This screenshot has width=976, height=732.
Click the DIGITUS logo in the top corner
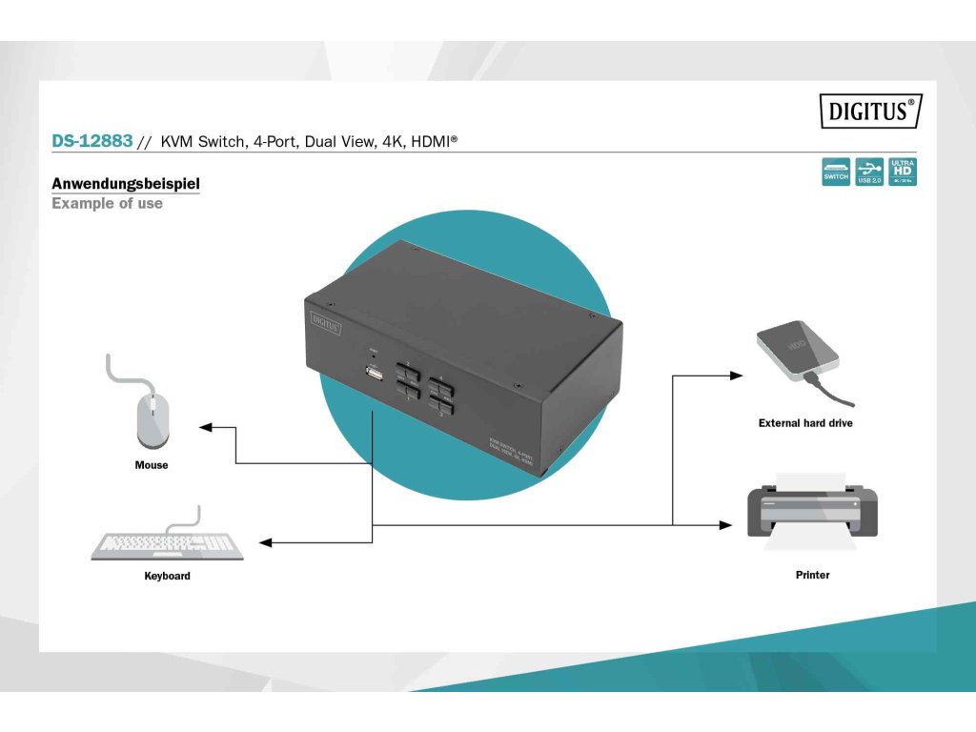tap(870, 112)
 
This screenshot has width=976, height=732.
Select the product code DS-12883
tap(91, 141)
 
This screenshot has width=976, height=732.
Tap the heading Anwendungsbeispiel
tap(126, 183)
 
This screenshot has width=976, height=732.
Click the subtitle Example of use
tap(107, 203)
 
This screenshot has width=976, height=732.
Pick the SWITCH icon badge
tap(836, 171)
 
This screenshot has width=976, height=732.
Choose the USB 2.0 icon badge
tap(869, 171)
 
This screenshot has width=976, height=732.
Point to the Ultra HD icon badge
tap(902, 171)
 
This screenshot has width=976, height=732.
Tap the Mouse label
tap(152, 465)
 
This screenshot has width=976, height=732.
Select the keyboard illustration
tap(168, 544)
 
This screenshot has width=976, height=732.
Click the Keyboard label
tap(167, 576)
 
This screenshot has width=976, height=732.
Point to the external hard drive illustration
tap(799, 352)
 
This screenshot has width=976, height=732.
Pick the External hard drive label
tap(805, 422)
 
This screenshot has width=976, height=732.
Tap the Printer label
tap(812, 575)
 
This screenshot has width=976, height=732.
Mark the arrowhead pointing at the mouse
tap(205, 428)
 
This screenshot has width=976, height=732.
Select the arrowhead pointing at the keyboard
tap(266, 542)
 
